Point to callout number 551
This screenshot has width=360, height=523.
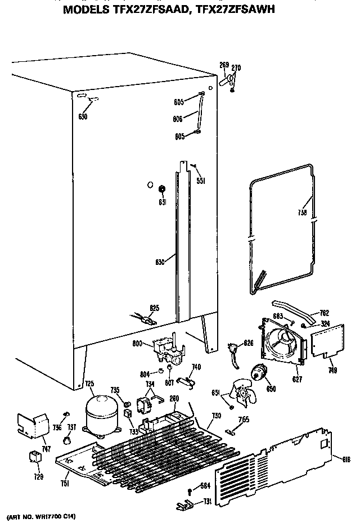point(201,181)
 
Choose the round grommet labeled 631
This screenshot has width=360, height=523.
point(162,188)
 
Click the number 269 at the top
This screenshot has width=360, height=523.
point(224,66)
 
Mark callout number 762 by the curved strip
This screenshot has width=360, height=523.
point(324,313)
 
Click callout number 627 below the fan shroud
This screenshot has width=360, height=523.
point(297,380)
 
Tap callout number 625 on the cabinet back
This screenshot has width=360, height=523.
point(154,307)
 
